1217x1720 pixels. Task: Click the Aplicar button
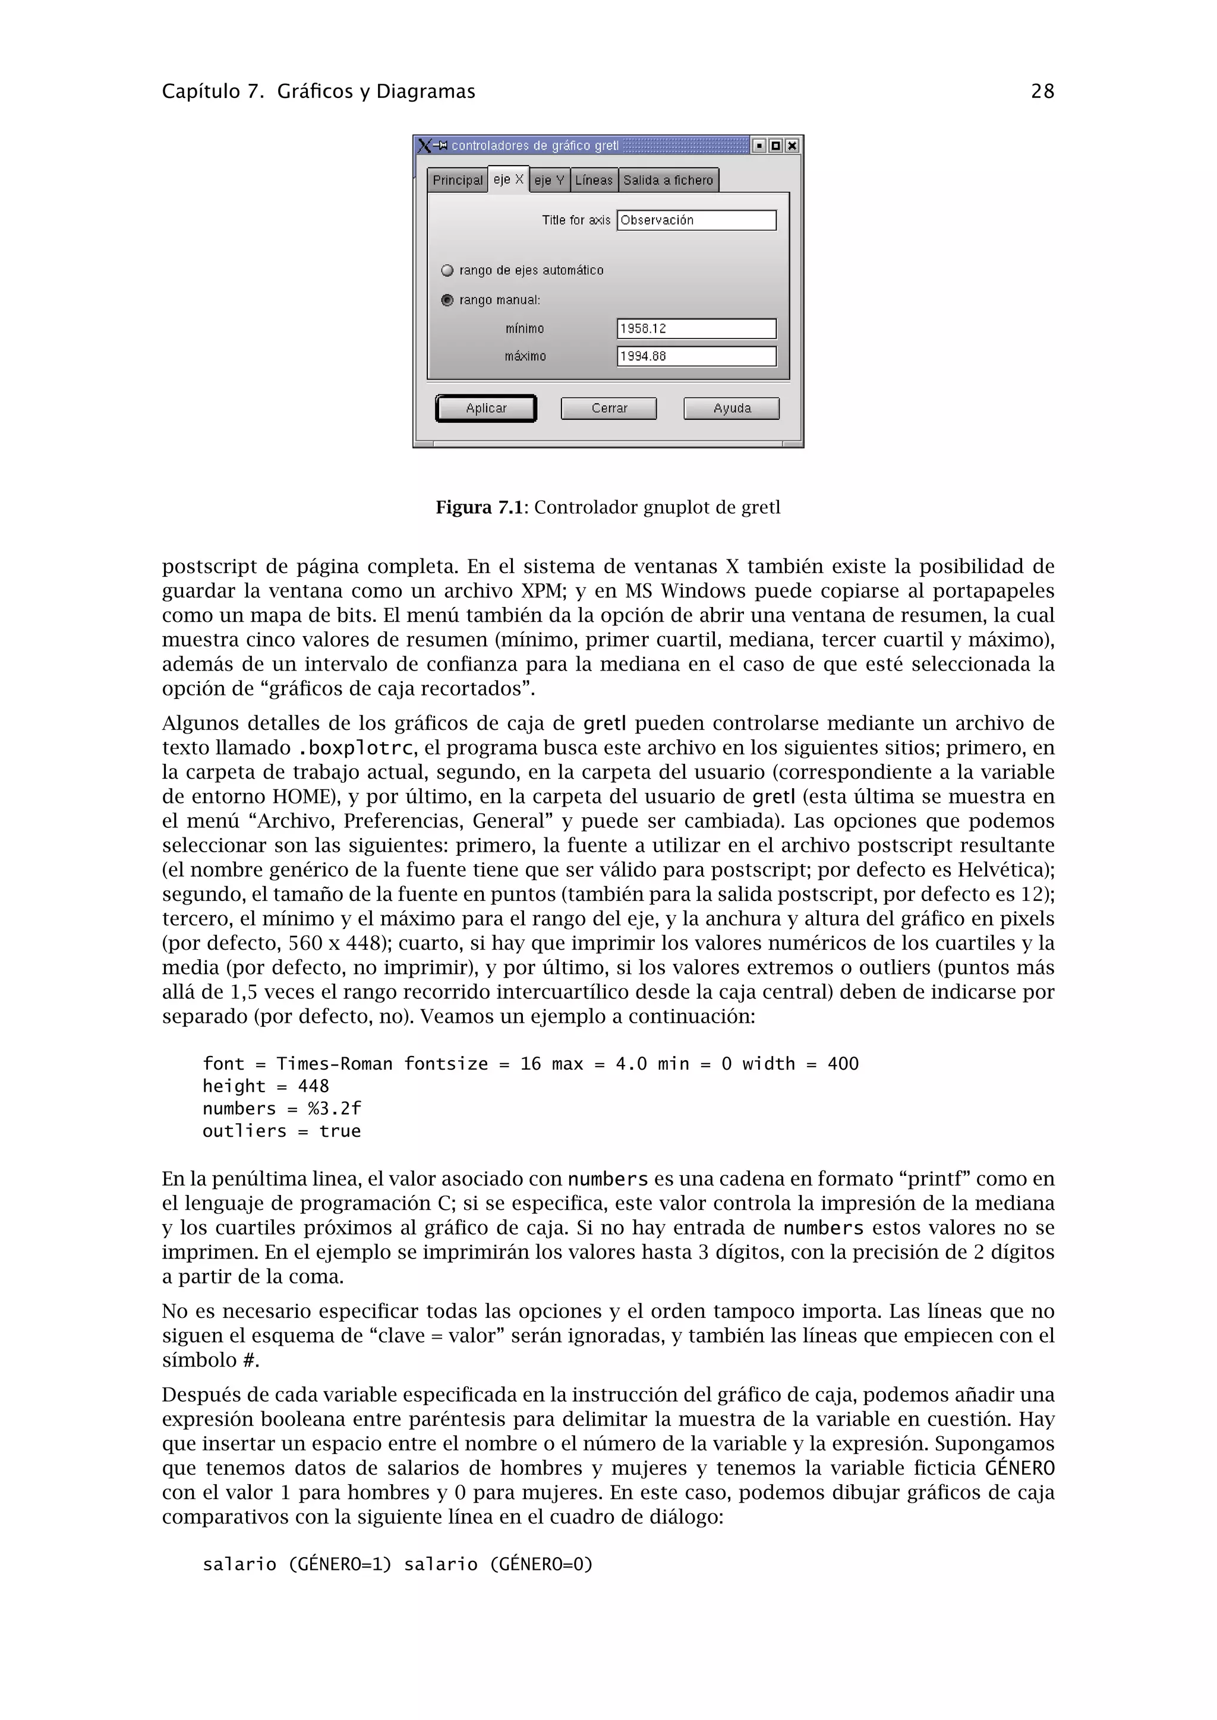click(x=485, y=408)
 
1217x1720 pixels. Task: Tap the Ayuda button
click(x=732, y=408)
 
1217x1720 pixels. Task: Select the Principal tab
click(x=457, y=180)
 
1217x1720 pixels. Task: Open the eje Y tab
click(x=549, y=180)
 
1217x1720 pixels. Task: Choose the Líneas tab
click(x=594, y=180)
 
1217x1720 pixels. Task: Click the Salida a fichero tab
click(x=668, y=180)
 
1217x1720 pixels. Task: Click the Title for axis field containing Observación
click(x=696, y=220)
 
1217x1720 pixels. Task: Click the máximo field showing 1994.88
click(x=696, y=356)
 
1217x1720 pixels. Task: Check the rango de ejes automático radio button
click(x=447, y=270)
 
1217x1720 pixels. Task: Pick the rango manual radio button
click(x=447, y=301)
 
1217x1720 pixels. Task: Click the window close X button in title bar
click(x=792, y=146)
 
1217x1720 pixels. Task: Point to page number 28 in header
click(x=1042, y=91)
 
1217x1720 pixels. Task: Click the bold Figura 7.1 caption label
click(x=479, y=508)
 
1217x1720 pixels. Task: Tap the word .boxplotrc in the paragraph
click(x=355, y=748)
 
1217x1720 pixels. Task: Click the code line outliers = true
click(x=281, y=1131)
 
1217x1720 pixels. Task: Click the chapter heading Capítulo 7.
click(x=212, y=91)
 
